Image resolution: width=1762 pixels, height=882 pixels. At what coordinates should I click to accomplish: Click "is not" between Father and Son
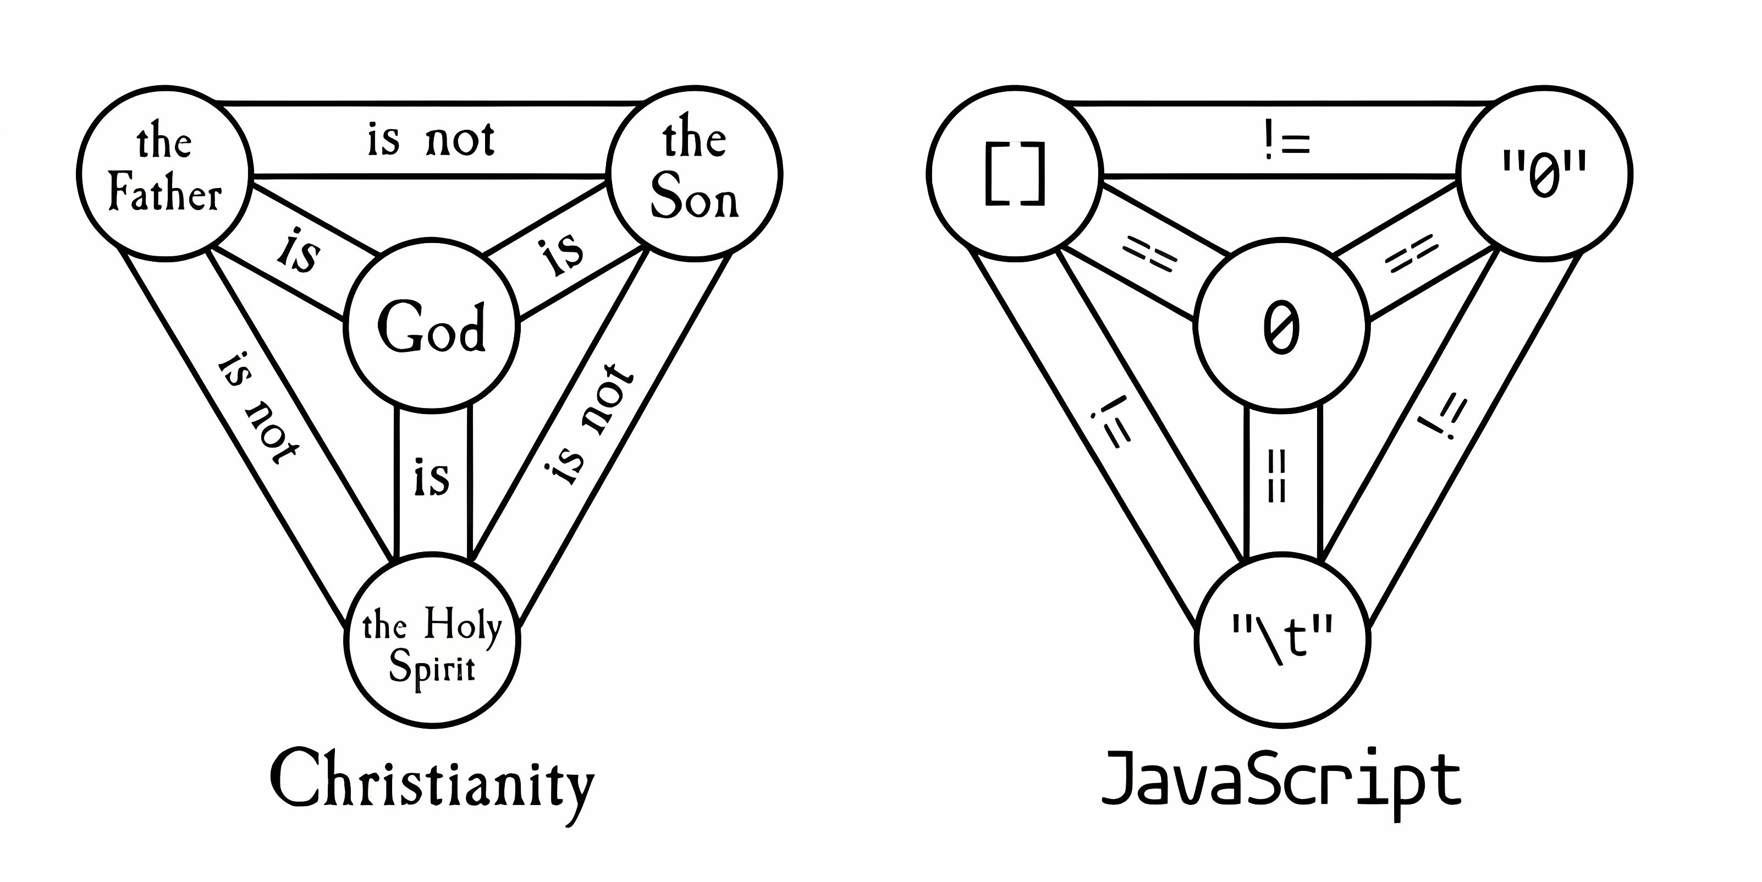(x=431, y=140)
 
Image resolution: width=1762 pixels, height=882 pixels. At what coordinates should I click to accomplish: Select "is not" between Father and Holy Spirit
(x=258, y=409)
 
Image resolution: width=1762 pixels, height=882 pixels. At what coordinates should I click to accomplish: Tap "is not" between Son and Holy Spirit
(x=590, y=424)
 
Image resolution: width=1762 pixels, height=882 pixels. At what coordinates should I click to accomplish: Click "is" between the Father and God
(x=299, y=252)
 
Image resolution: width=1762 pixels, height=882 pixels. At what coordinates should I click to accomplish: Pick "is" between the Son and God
(x=563, y=253)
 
